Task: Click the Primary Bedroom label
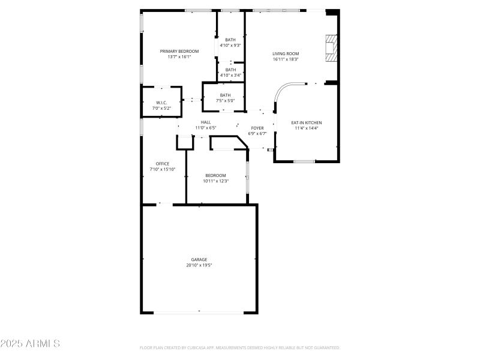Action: coord(179,52)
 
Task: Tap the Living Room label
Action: coord(286,53)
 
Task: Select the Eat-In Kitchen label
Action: coord(307,122)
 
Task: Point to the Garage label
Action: coord(199,260)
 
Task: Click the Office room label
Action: coord(163,164)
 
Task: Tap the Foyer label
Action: coord(257,128)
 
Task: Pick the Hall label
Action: coord(206,122)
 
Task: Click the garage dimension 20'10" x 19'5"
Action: coord(199,265)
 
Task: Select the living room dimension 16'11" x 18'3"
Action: coord(286,59)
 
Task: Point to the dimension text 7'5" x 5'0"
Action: coord(225,101)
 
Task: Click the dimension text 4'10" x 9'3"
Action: coord(230,46)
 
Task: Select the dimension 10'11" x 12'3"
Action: coord(215,181)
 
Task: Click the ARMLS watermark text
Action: coord(30,344)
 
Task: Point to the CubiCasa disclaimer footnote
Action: coord(240,347)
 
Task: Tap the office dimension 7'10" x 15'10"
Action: coord(163,169)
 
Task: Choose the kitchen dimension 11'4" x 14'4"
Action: coord(307,128)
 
